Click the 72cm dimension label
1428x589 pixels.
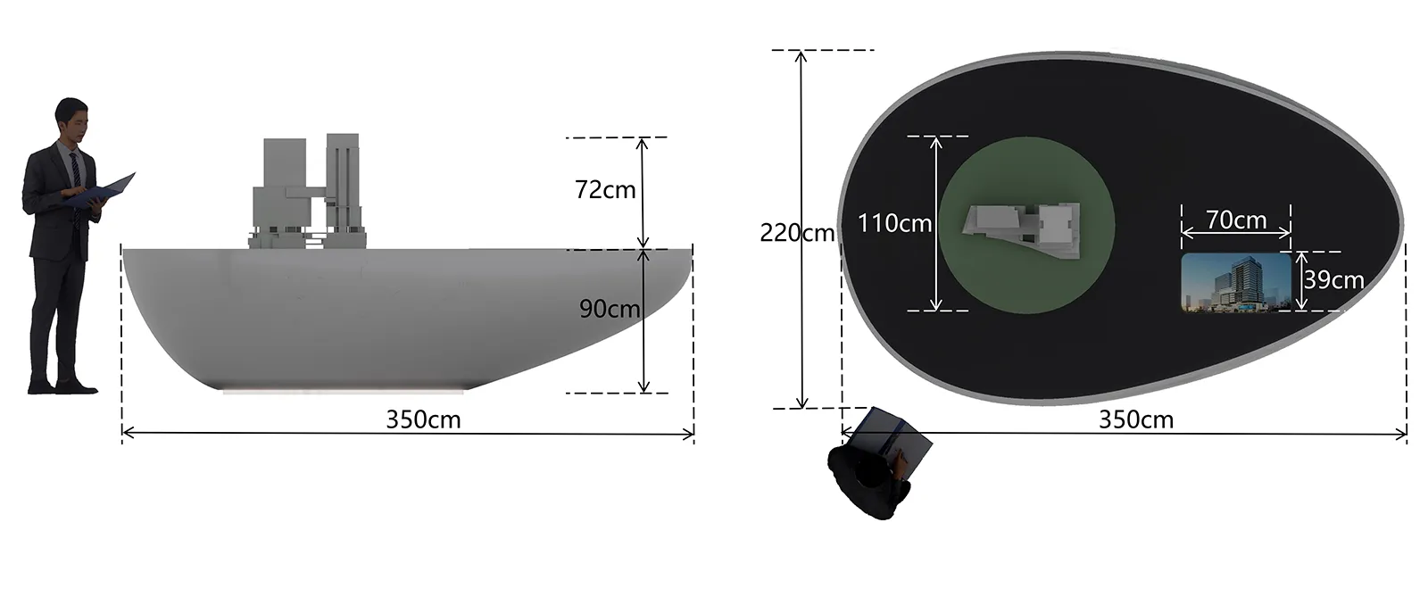(605, 190)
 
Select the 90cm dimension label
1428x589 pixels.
(610, 309)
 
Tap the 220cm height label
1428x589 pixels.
(797, 233)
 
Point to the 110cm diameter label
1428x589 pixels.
(894, 224)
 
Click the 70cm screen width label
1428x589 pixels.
(1236, 220)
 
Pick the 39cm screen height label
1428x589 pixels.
(1333, 280)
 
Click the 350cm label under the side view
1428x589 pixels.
(423, 419)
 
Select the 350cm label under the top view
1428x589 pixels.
(1136, 419)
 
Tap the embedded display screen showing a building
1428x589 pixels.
(1236, 282)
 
